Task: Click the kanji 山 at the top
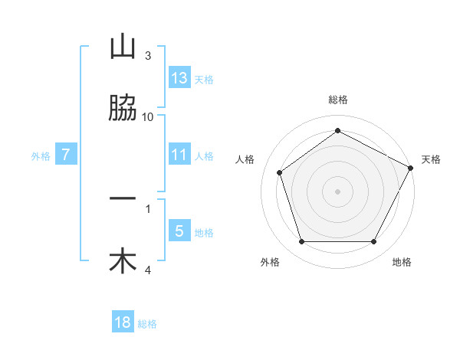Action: coord(123,47)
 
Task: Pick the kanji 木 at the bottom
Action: coord(123,260)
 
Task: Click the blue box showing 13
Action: coord(179,77)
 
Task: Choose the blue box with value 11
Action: coord(179,155)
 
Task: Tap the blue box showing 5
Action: coord(179,231)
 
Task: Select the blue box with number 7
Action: coord(66,155)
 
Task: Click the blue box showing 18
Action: coord(123,322)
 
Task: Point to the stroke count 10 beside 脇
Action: coord(148,116)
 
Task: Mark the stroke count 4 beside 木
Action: coord(148,270)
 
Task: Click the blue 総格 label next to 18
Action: coord(148,324)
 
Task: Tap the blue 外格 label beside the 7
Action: coord(41,155)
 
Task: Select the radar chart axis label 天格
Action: coord(431,159)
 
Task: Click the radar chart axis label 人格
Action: coord(245,159)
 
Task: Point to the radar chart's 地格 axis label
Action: coord(402,262)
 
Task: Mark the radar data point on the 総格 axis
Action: coord(337,130)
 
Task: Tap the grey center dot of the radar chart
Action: coord(337,191)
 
